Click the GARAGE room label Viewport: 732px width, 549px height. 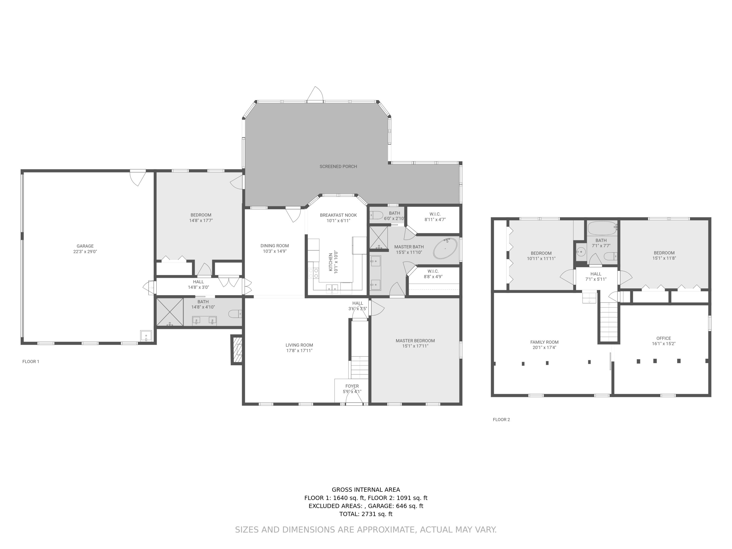tap(85, 246)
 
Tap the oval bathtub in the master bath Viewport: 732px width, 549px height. tap(445, 249)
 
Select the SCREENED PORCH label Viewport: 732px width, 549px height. tap(338, 166)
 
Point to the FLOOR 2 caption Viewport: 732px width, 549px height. tap(501, 420)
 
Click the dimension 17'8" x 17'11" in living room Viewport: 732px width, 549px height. tap(299, 350)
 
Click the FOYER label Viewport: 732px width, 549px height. tap(352, 386)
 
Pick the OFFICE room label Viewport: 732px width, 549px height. tap(663, 338)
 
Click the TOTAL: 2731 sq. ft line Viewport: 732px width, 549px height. tap(366, 514)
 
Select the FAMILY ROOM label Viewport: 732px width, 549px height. tap(544, 342)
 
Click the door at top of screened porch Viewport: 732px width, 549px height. tap(315, 94)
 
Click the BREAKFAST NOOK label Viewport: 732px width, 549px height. tap(338, 215)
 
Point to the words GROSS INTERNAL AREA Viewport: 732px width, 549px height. tap(366, 489)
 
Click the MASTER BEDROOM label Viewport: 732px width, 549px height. tap(415, 341)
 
